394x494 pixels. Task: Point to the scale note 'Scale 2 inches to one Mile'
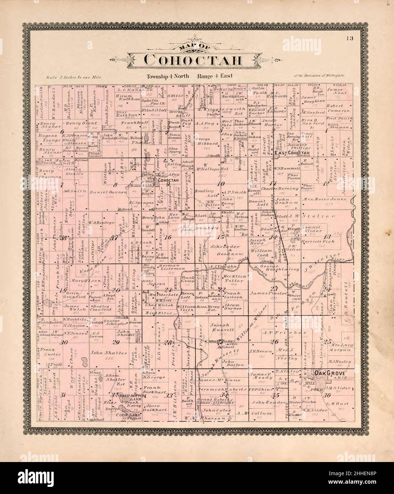[x=74, y=77]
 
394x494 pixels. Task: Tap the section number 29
[x=116, y=343]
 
